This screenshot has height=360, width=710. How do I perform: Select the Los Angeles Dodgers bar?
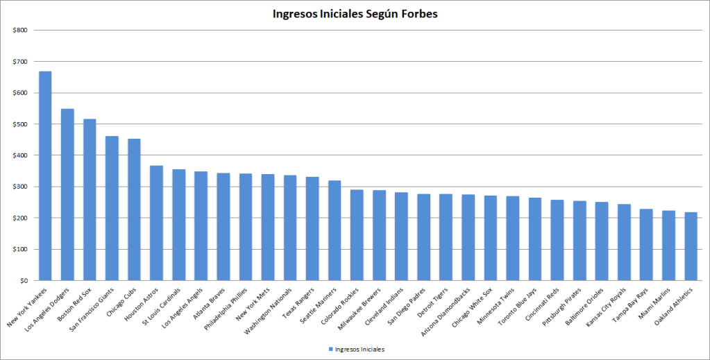click(67, 195)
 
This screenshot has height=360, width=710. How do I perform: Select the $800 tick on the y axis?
click(20, 31)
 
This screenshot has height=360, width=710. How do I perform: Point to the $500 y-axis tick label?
click(20, 124)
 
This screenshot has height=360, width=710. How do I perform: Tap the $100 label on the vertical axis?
click(20, 249)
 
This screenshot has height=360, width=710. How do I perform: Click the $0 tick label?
click(24, 281)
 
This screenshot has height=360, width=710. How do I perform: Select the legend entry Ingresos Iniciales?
click(360, 349)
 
